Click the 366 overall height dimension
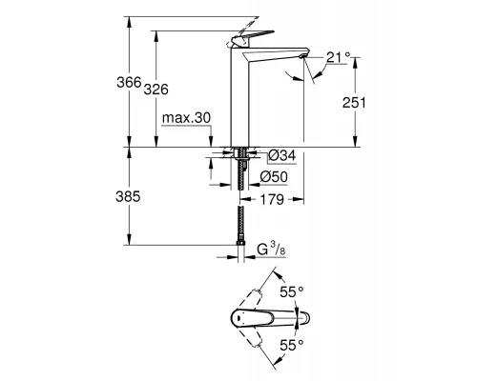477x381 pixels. [129, 83]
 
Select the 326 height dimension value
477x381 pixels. [156, 90]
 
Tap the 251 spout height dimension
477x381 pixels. [354, 103]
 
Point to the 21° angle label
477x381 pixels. [339, 57]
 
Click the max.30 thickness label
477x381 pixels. [186, 118]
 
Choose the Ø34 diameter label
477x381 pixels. [282, 155]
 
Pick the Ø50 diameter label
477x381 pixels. [274, 177]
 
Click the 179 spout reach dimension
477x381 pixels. [272, 199]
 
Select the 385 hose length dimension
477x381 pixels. [128, 197]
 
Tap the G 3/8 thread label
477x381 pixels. [271, 250]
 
